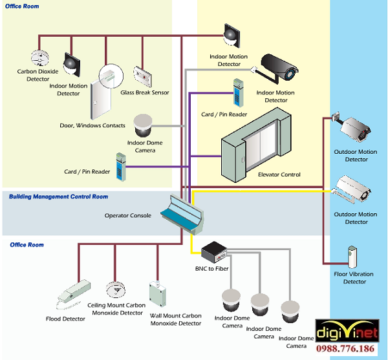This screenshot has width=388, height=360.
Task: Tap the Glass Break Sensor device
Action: point(144,76)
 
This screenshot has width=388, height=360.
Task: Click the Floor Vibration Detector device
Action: point(352,257)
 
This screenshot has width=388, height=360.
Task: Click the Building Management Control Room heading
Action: point(59,196)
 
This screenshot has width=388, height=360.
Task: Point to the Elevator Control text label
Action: point(279,175)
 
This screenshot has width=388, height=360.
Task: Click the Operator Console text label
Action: point(128,216)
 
